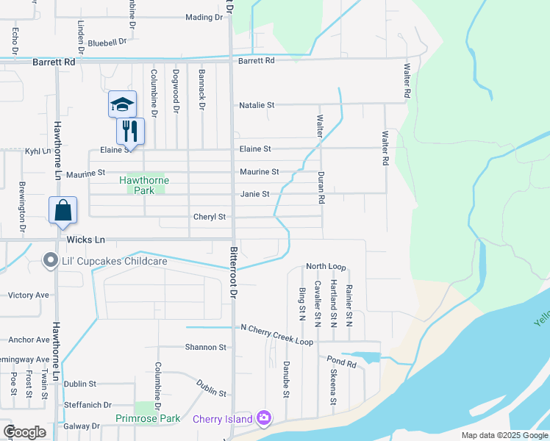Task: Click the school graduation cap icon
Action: point(122,104)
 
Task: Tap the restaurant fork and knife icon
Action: point(130,131)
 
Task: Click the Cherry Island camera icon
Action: point(264,419)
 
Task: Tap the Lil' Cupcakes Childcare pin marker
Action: point(50,260)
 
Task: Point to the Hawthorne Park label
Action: point(145,185)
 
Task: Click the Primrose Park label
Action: point(148,419)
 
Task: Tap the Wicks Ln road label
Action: point(86,240)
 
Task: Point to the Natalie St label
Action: point(257,105)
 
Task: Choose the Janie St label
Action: point(255,194)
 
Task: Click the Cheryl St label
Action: point(209,217)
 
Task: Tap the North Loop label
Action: point(326,267)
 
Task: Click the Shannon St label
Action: point(205,347)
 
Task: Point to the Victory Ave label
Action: point(28,295)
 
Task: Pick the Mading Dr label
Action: point(204,17)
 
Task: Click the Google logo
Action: point(24,432)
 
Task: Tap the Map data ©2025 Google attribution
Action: point(504,435)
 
